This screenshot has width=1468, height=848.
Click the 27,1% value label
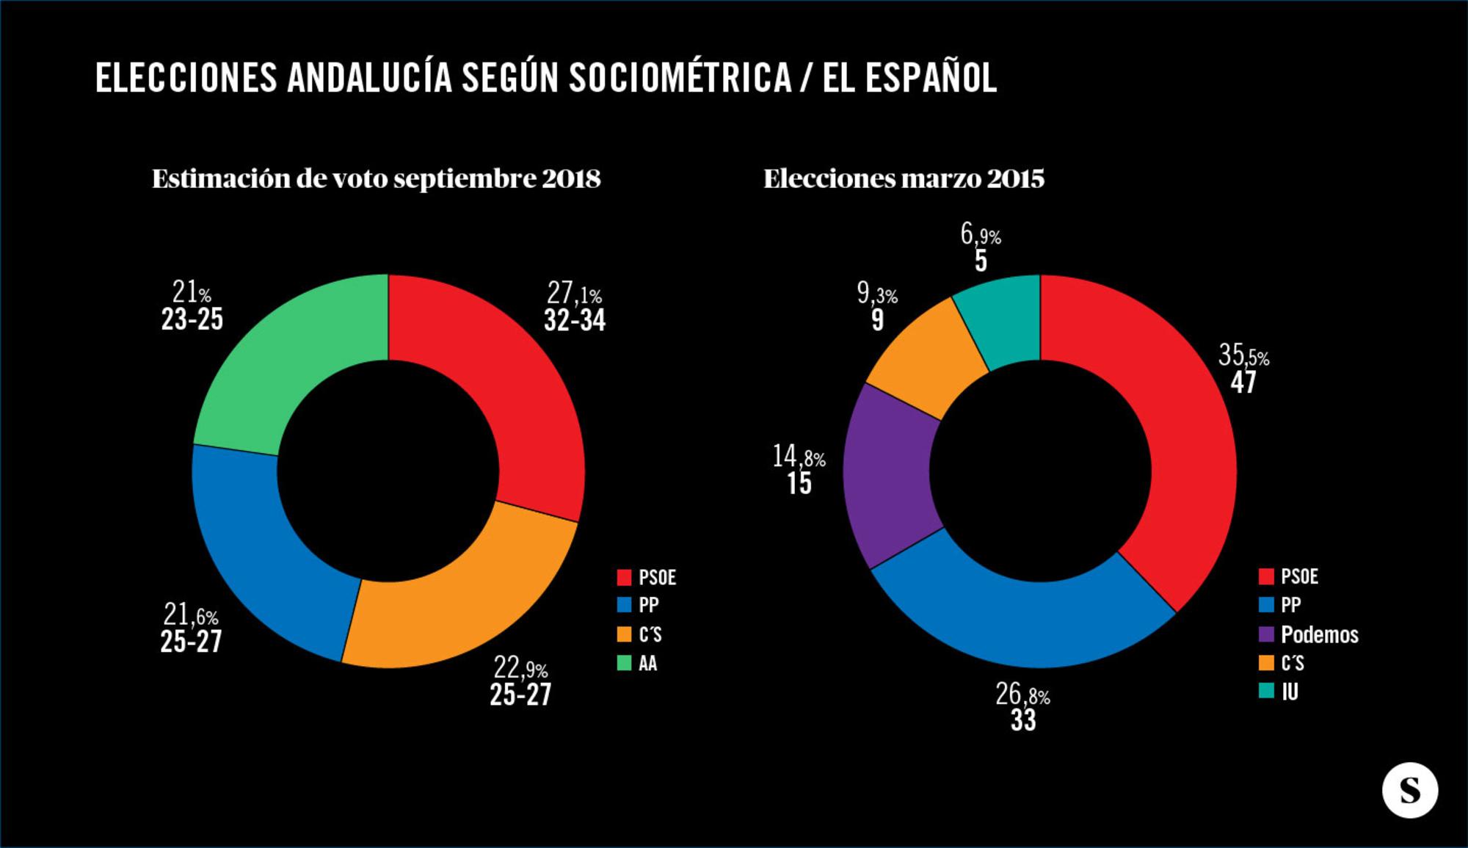(x=574, y=294)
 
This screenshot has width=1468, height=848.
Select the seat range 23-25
(x=192, y=320)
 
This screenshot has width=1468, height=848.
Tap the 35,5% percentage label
(x=1243, y=356)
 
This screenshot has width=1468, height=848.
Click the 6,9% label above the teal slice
(x=981, y=235)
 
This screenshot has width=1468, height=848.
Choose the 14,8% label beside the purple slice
(x=799, y=457)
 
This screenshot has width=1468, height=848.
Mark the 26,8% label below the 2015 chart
(x=1022, y=695)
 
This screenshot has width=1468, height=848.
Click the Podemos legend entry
(x=1318, y=634)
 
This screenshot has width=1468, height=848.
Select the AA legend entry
(x=647, y=664)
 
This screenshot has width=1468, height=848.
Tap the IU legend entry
(x=1289, y=692)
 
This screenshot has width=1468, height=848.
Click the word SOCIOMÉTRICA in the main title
(x=680, y=78)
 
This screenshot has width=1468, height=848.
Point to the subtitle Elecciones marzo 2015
(x=904, y=178)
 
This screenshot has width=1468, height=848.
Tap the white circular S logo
(x=1409, y=790)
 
